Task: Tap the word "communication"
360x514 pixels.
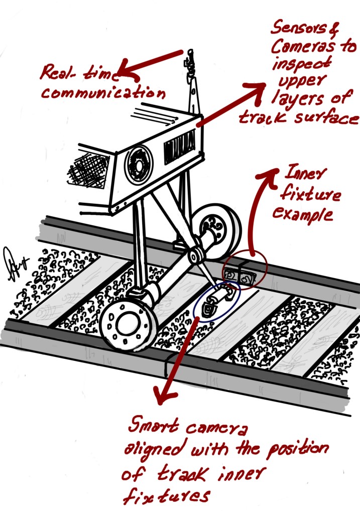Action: (x=103, y=93)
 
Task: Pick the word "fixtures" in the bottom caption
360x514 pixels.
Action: (x=165, y=496)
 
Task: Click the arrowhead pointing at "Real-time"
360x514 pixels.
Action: (x=129, y=73)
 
